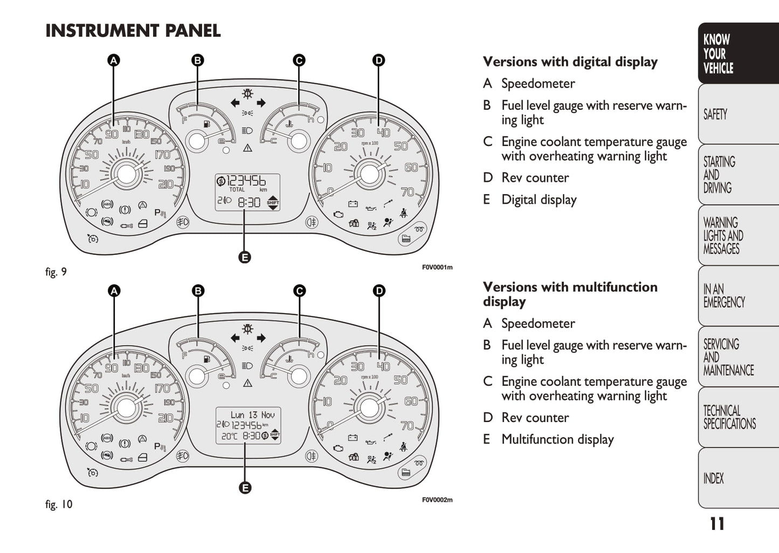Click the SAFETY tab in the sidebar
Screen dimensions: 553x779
[x=715, y=114]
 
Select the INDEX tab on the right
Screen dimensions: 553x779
[x=713, y=478]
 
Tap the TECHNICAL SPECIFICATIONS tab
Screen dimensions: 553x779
[x=729, y=417]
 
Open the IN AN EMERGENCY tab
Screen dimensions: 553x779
[x=723, y=295]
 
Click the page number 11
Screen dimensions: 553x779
[x=716, y=524]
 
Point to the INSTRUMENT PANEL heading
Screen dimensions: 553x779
[x=133, y=31]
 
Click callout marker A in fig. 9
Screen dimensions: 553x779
[x=113, y=60]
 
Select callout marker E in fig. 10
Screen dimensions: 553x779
[x=244, y=488]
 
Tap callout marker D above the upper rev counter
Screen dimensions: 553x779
[x=378, y=60]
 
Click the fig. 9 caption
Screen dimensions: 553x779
[x=56, y=272]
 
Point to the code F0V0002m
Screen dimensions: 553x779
[x=437, y=500]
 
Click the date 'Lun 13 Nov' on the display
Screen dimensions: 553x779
[x=252, y=415]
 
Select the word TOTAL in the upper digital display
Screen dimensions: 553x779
[x=237, y=190]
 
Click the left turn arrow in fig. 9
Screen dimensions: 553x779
[x=235, y=103]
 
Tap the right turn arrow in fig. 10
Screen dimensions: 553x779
[x=261, y=338]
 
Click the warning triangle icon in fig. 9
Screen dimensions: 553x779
[x=247, y=148]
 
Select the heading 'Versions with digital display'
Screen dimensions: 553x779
[x=570, y=62]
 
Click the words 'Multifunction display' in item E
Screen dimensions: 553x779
[x=557, y=439]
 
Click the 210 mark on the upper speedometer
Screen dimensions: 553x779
[x=166, y=184]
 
